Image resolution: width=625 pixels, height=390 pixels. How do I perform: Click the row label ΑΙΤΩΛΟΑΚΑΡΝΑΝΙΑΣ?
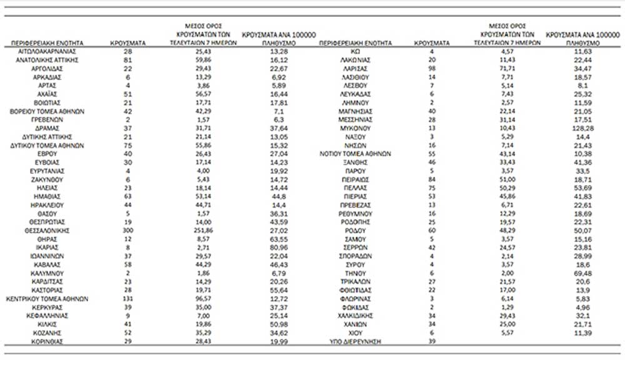[x=47, y=51]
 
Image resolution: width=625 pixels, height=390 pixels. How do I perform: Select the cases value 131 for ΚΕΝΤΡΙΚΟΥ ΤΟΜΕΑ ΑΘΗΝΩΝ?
[x=127, y=299]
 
